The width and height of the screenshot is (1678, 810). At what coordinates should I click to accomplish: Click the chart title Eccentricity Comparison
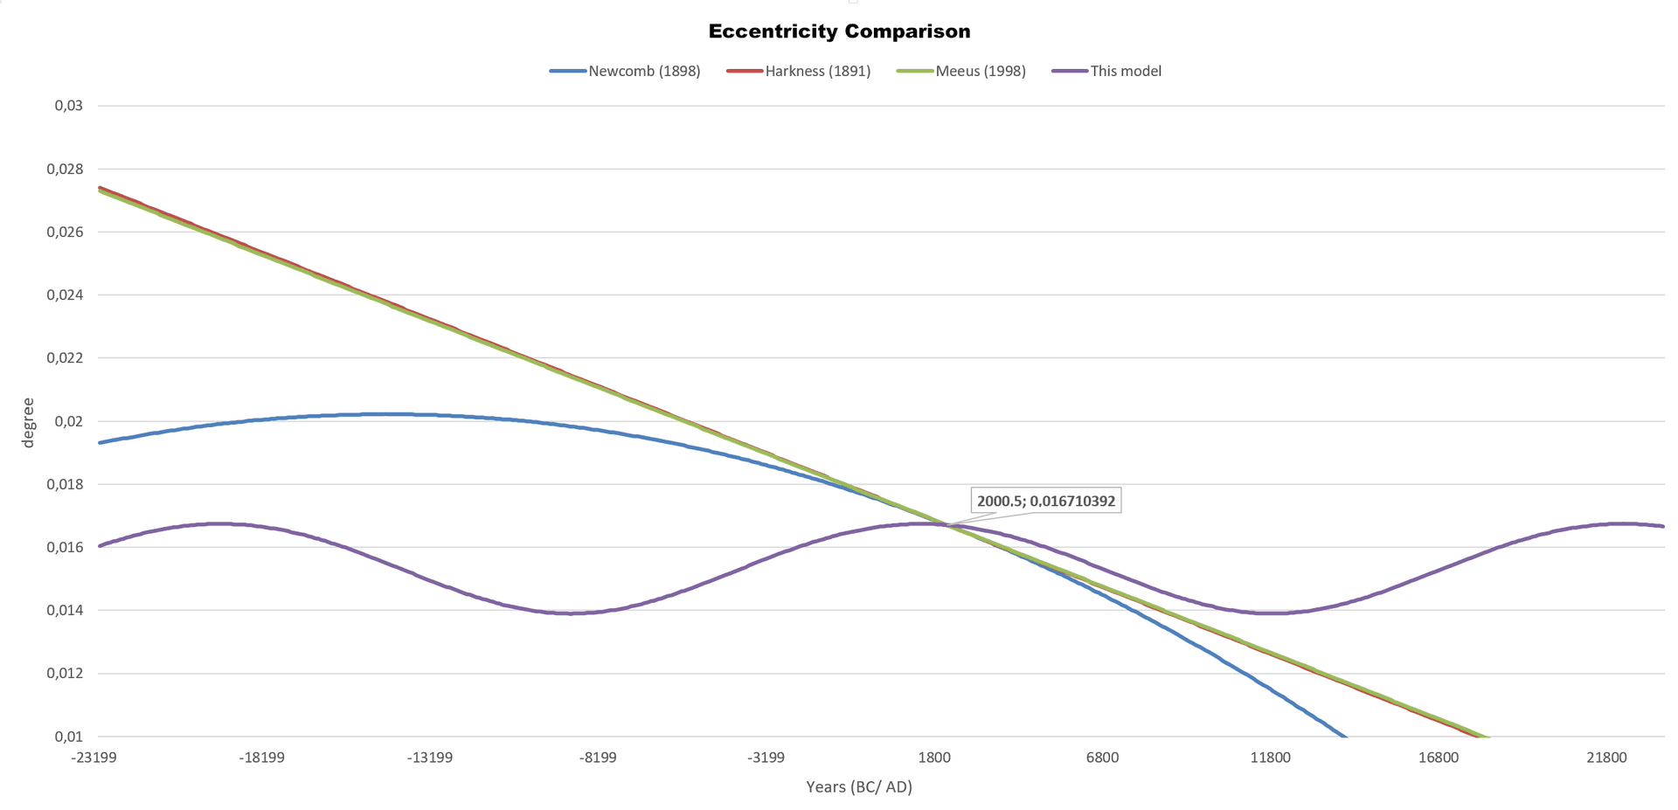pyautogui.click(x=839, y=31)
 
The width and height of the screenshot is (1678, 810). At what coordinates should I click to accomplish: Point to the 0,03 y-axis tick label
pyautogui.click(x=68, y=106)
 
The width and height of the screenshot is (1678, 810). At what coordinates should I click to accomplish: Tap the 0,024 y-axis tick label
pyautogui.click(x=66, y=295)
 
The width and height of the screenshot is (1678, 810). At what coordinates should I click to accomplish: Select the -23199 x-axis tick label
pyautogui.click(x=94, y=758)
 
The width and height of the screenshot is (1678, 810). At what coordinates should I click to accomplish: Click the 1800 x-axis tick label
pyautogui.click(x=934, y=758)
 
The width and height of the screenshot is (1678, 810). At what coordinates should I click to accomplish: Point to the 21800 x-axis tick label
pyautogui.click(x=1606, y=758)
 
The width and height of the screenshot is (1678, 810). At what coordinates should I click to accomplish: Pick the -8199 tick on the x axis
pyautogui.click(x=598, y=758)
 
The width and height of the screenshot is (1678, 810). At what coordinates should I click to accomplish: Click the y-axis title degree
pyautogui.click(x=28, y=423)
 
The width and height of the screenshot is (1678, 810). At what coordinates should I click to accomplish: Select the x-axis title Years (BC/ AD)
pyautogui.click(x=858, y=787)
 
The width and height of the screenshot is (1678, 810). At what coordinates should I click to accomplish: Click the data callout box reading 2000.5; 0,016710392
pyautogui.click(x=1045, y=502)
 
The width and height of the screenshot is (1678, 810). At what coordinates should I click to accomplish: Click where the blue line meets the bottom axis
pyautogui.click(x=1346, y=737)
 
